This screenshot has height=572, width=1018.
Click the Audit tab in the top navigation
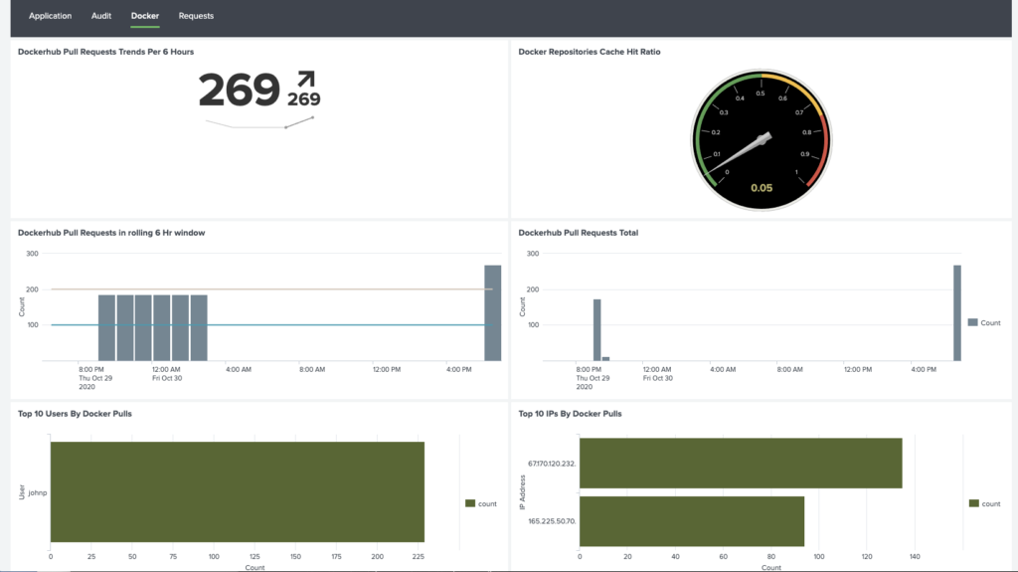[x=101, y=16]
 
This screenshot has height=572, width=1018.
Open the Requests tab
[x=196, y=16]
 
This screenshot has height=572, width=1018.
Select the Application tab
[x=51, y=16]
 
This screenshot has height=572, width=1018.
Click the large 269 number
[x=239, y=91]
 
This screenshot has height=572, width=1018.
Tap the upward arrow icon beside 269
[x=305, y=80]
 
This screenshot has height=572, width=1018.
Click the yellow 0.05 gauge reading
[x=762, y=188]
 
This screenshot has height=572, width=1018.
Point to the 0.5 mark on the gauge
[x=761, y=94]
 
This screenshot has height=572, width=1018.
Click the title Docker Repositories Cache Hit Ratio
[x=589, y=52]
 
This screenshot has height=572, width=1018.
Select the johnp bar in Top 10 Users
[x=238, y=491]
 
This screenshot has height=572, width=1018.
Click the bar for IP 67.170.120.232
[x=740, y=463]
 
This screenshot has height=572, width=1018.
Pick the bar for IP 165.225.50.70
[x=691, y=520]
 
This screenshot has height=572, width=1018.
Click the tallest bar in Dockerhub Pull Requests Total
[x=957, y=312]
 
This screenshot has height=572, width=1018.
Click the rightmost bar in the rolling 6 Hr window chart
[x=492, y=312]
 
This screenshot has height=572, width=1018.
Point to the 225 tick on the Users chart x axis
[x=418, y=557]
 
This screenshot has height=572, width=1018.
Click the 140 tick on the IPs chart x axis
[x=915, y=557]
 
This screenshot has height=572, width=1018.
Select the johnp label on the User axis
[x=37, y=491]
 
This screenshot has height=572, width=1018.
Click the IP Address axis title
[x=523, y=491]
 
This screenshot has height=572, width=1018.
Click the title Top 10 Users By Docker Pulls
[x=75, y=413]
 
